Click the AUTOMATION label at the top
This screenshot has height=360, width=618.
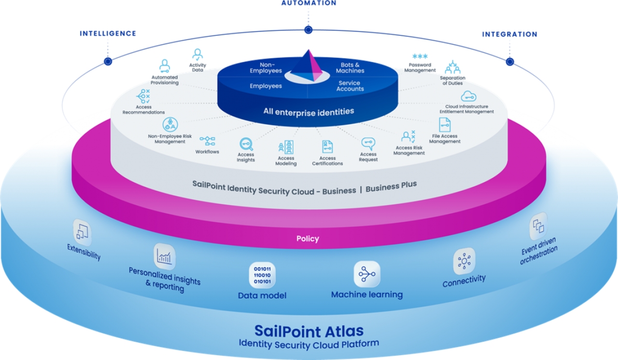pos(309,3)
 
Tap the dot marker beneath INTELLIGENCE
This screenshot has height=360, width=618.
pos(108,61)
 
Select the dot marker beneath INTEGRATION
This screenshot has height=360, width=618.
pos(510,61)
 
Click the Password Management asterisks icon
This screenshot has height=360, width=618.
pos(420,56)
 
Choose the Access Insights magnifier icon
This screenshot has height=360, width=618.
pos(246,144)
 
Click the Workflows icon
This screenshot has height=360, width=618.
pos(208,141)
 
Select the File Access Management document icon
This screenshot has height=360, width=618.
pos(445,125)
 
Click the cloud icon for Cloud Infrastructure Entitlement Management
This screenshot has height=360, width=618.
pos(468,96)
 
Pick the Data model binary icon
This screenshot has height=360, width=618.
pos(262,275)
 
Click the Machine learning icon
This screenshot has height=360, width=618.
pos(367,274)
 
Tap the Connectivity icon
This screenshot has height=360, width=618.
pos(464,261)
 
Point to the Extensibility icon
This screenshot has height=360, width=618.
pos(83,232)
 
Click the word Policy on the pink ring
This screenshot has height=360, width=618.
pos(308,239)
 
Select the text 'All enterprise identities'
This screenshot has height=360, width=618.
pos(309,111)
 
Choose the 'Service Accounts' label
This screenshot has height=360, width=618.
pos(350,86)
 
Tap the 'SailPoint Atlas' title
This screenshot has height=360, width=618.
pos(309,331)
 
